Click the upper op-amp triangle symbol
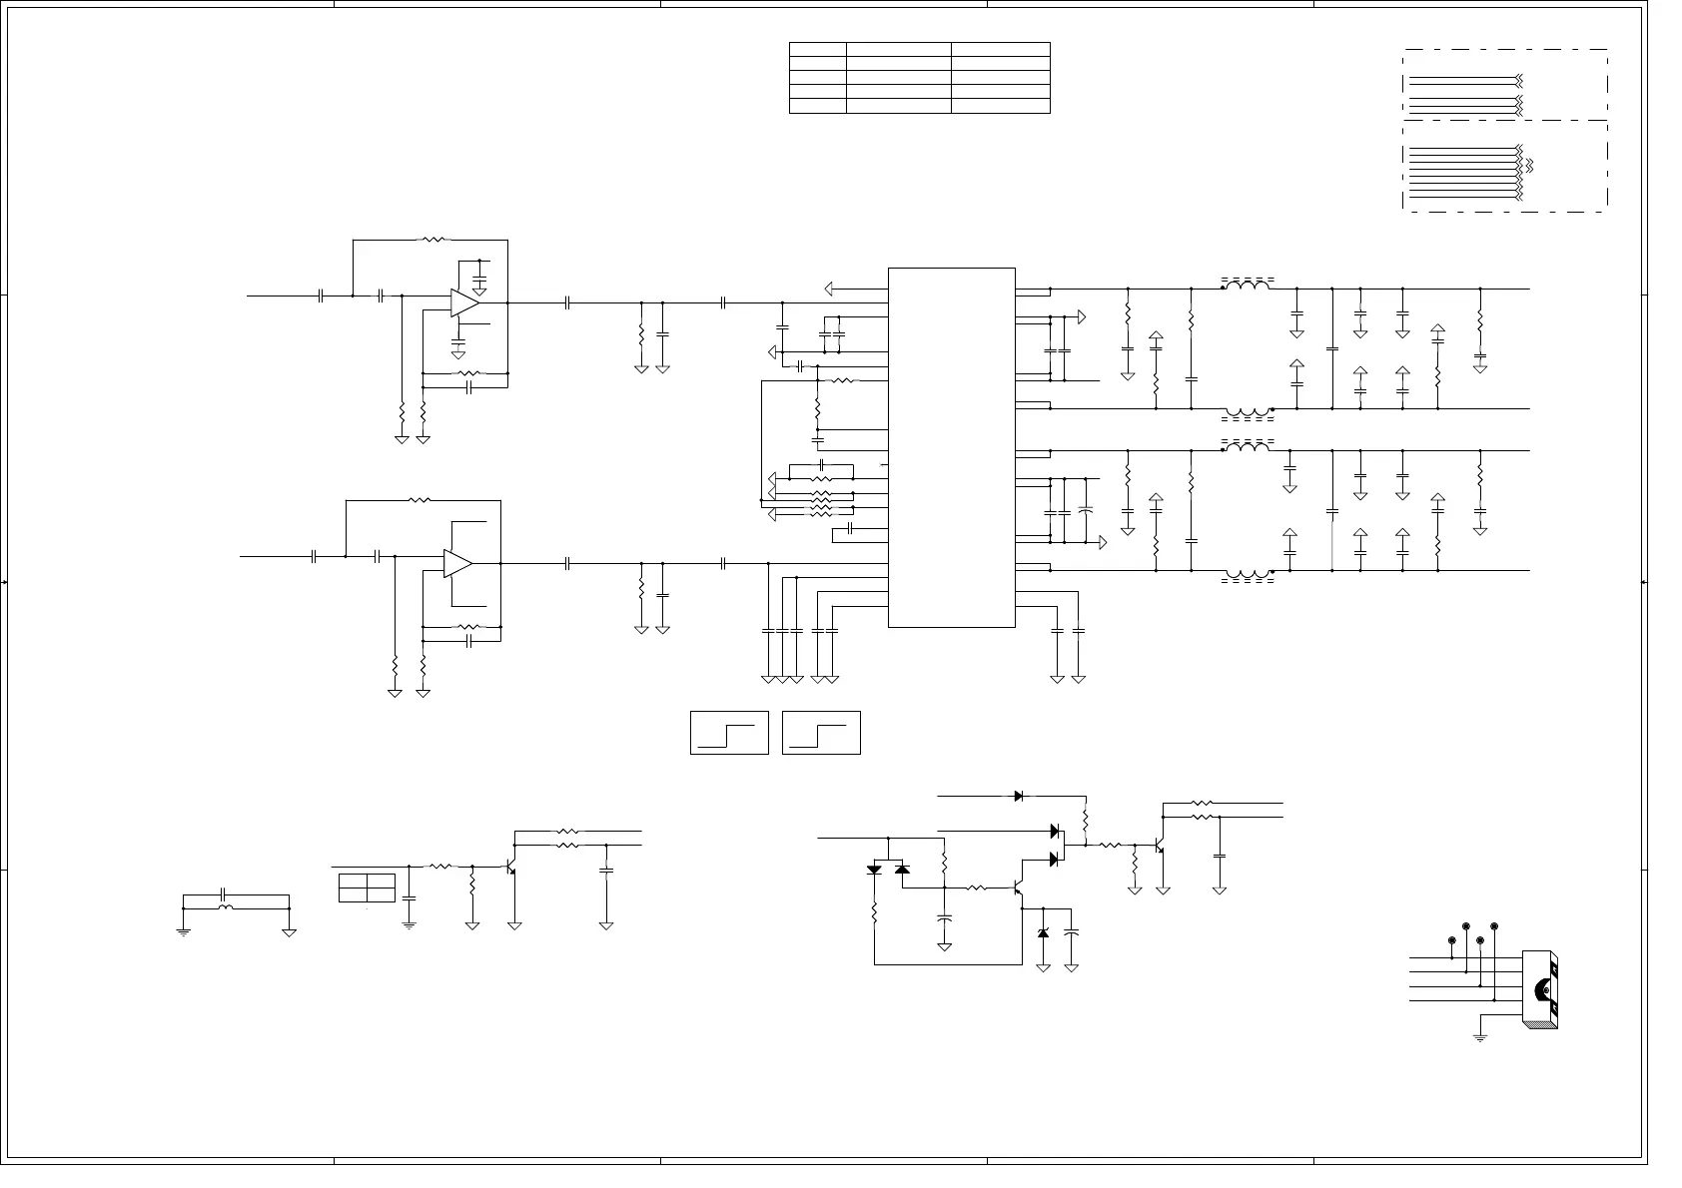464,302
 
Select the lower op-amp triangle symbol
457,563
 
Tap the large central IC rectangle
951,447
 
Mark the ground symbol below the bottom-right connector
1480,1038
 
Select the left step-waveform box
729,733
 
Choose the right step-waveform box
821,733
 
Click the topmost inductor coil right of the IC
1248,287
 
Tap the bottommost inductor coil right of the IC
1248,573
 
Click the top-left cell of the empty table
818,49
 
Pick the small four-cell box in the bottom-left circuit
367,888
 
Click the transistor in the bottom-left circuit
511,868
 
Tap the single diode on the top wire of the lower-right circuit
1018,796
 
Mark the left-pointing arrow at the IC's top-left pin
830,289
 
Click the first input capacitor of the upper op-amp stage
321,296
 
